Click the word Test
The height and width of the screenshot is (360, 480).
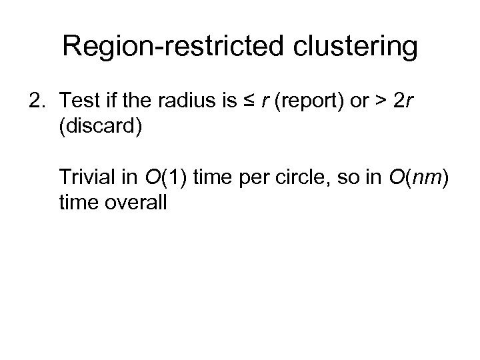(x=77, y=101)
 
